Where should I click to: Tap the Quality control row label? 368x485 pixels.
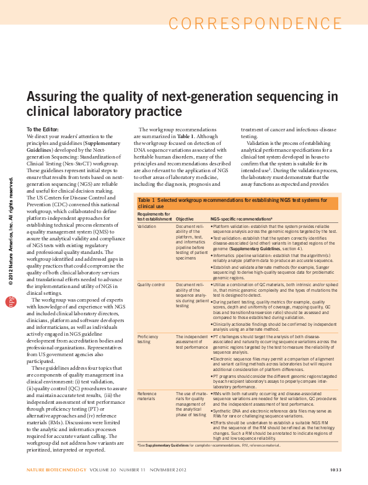point(153,283)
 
